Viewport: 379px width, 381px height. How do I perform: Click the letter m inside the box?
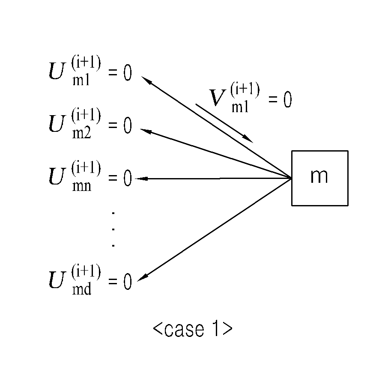pos(319,176)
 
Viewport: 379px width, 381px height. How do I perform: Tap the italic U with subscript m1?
pos(57,71)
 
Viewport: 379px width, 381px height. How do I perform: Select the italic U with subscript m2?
pos(57,123)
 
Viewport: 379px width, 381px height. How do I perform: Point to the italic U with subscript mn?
pos(57,176)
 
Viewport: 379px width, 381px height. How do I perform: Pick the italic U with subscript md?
pos(57,280)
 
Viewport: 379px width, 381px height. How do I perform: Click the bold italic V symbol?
pos(217,98)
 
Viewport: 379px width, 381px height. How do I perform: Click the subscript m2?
pos(82,134)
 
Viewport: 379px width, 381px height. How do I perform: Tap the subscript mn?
pos(82,186)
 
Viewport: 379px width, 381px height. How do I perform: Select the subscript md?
pos(82,289)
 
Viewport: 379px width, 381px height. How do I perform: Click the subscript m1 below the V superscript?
pos(240,107)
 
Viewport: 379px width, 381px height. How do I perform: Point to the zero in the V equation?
pos(288,99)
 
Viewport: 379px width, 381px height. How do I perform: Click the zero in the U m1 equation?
pos(128,72)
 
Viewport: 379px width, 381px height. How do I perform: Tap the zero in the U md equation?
pos(128,282)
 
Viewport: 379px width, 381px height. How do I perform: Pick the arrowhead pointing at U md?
pos(143,278)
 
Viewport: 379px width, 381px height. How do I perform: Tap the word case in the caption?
pos(184,330)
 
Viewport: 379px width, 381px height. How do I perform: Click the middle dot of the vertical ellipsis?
pos(113,229)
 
